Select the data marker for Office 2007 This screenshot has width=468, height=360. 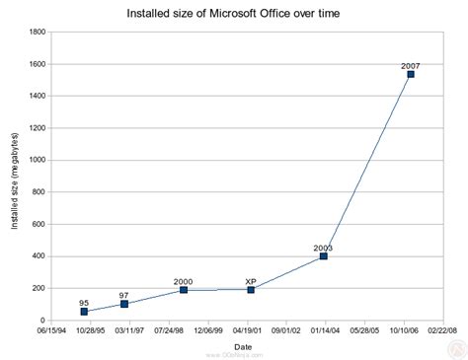411,74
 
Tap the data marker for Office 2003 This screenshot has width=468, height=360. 323,256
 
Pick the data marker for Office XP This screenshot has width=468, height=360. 251,290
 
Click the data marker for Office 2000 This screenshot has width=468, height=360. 184,290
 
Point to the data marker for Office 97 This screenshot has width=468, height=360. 124,304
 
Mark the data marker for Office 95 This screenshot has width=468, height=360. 84,312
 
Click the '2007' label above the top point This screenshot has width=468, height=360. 411,65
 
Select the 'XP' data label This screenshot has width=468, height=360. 251,281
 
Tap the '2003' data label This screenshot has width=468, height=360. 323,248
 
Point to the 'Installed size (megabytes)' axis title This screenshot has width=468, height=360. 16,178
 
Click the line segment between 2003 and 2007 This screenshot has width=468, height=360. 367,165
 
